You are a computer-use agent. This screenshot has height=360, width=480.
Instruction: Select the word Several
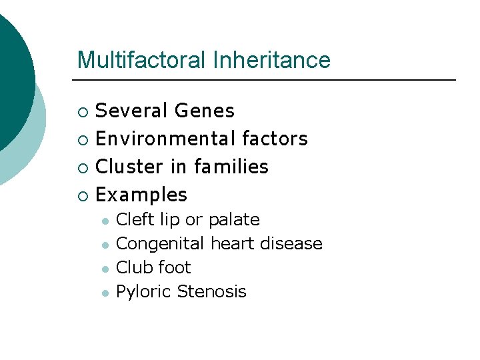(x=129, y=111)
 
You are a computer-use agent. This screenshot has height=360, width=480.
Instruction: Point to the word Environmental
(x=166, y=139)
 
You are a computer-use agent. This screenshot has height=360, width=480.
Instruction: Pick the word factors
(x=275, y=139)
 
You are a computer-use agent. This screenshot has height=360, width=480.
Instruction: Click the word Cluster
(x=130, y=167)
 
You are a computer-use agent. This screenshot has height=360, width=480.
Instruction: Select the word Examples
(x=142, y=195)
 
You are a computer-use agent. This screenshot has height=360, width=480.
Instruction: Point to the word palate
(x=234, y=220)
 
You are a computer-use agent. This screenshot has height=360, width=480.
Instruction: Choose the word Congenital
(x=161, y=244)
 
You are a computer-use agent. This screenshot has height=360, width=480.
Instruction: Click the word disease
(x=291, y=243)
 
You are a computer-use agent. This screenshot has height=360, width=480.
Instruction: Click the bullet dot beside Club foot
(x=105, y=269)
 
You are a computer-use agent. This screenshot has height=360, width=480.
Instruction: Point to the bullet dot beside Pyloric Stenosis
(x=105, y=293)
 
